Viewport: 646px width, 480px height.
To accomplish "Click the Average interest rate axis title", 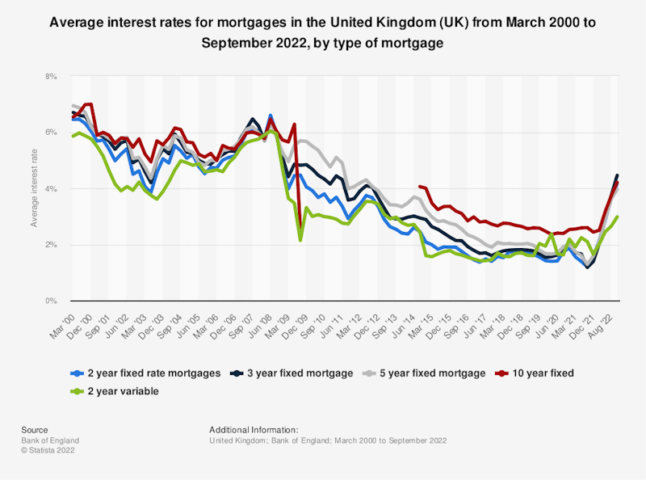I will [x=35, y=188].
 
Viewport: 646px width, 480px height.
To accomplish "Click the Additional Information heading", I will [x=254, y=430].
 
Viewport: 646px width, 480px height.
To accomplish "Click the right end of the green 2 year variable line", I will [x=618, y=216].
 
